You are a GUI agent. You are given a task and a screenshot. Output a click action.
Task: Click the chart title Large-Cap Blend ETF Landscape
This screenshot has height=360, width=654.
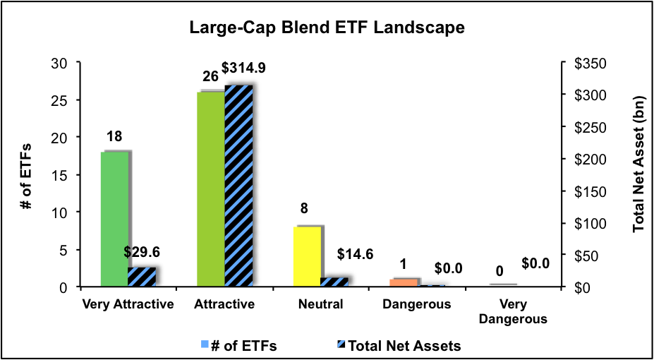(326, 28)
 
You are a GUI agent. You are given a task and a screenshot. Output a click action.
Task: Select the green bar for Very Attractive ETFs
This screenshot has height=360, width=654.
(115, 220)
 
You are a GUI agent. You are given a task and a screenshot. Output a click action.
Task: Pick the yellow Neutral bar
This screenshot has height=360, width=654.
(308, 257)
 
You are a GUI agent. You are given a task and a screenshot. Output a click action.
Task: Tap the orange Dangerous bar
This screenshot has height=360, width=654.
(404, 282)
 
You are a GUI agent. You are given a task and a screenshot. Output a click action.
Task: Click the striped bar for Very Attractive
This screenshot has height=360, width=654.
(141, 277)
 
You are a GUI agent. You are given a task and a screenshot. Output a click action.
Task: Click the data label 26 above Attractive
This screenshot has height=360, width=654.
(210, 77)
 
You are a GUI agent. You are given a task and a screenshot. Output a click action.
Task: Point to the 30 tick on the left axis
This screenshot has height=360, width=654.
(63, 63)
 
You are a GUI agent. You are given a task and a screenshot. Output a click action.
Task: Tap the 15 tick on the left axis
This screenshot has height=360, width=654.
(63, 175)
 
